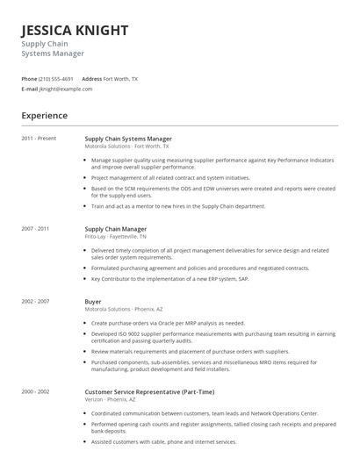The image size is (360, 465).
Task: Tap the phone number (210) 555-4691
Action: [56, 78]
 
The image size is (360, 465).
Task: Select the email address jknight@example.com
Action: [66, 89]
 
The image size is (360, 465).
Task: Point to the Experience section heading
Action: [45, 115]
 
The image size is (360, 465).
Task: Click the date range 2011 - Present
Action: [39, 139]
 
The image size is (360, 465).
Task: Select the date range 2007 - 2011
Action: [36, 228]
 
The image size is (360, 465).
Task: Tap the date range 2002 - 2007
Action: [36, 301]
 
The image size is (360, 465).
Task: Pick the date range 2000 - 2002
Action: [36, 390]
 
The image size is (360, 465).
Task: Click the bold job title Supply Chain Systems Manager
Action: [128, 139]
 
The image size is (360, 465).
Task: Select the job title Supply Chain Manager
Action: [115, 228]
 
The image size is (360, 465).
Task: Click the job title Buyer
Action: [93, 301]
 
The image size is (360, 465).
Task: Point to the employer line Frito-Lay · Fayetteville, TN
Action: [115, 236]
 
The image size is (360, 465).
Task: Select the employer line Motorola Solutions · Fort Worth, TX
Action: [127, 147]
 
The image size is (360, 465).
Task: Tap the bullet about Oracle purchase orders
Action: [168, 323]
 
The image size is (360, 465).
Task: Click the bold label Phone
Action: [29, 78]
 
